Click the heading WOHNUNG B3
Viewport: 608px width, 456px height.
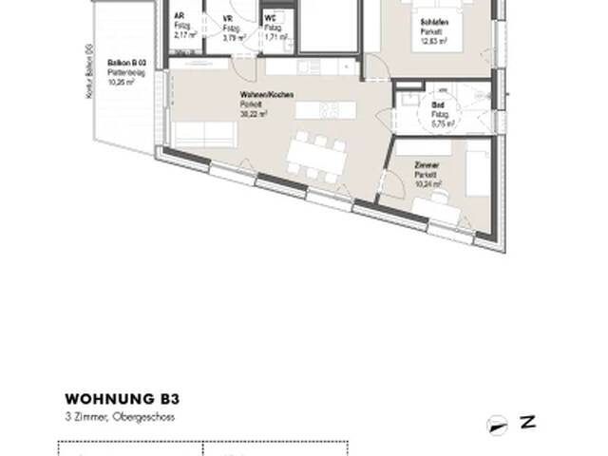pos(123,400)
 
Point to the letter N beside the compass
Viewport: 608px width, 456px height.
pos(527,423)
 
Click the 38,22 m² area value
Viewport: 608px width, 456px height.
pos(254,112)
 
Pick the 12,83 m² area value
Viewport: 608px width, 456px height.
pos(433,39)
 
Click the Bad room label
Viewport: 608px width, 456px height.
pos(437,104)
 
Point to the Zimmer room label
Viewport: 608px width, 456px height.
pos(427,164)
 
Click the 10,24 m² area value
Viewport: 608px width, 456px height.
pos(429,181)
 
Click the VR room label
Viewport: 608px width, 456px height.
pos(227,18)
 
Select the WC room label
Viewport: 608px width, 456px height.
pos(271,18)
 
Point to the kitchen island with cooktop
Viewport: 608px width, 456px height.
pos(322,110)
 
